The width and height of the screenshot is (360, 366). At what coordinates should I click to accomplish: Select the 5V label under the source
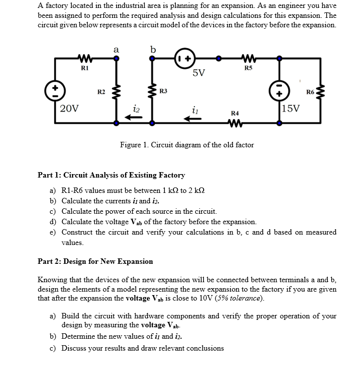[x=199, y=74]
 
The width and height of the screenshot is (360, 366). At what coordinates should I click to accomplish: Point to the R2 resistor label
[x=101, y=91]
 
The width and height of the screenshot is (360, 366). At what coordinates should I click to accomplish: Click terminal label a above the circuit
[x=116, y=49]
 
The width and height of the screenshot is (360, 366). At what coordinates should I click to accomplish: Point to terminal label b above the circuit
[x=153, y=49]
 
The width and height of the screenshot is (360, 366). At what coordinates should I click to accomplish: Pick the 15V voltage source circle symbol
[x=279, y=91]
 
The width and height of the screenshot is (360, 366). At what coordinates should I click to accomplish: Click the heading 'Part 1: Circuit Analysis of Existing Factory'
[x=111, y=175]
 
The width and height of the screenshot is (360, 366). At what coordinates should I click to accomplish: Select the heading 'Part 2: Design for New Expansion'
[x=95, y=261]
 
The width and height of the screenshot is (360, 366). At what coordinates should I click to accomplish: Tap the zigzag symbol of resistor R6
[x=321, y=91]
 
